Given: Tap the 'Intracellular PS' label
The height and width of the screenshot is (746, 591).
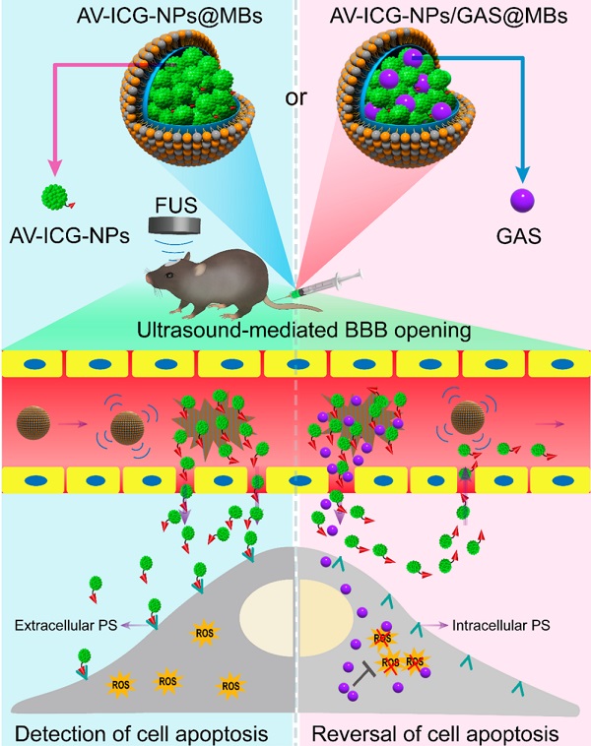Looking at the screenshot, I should [500, 623].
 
